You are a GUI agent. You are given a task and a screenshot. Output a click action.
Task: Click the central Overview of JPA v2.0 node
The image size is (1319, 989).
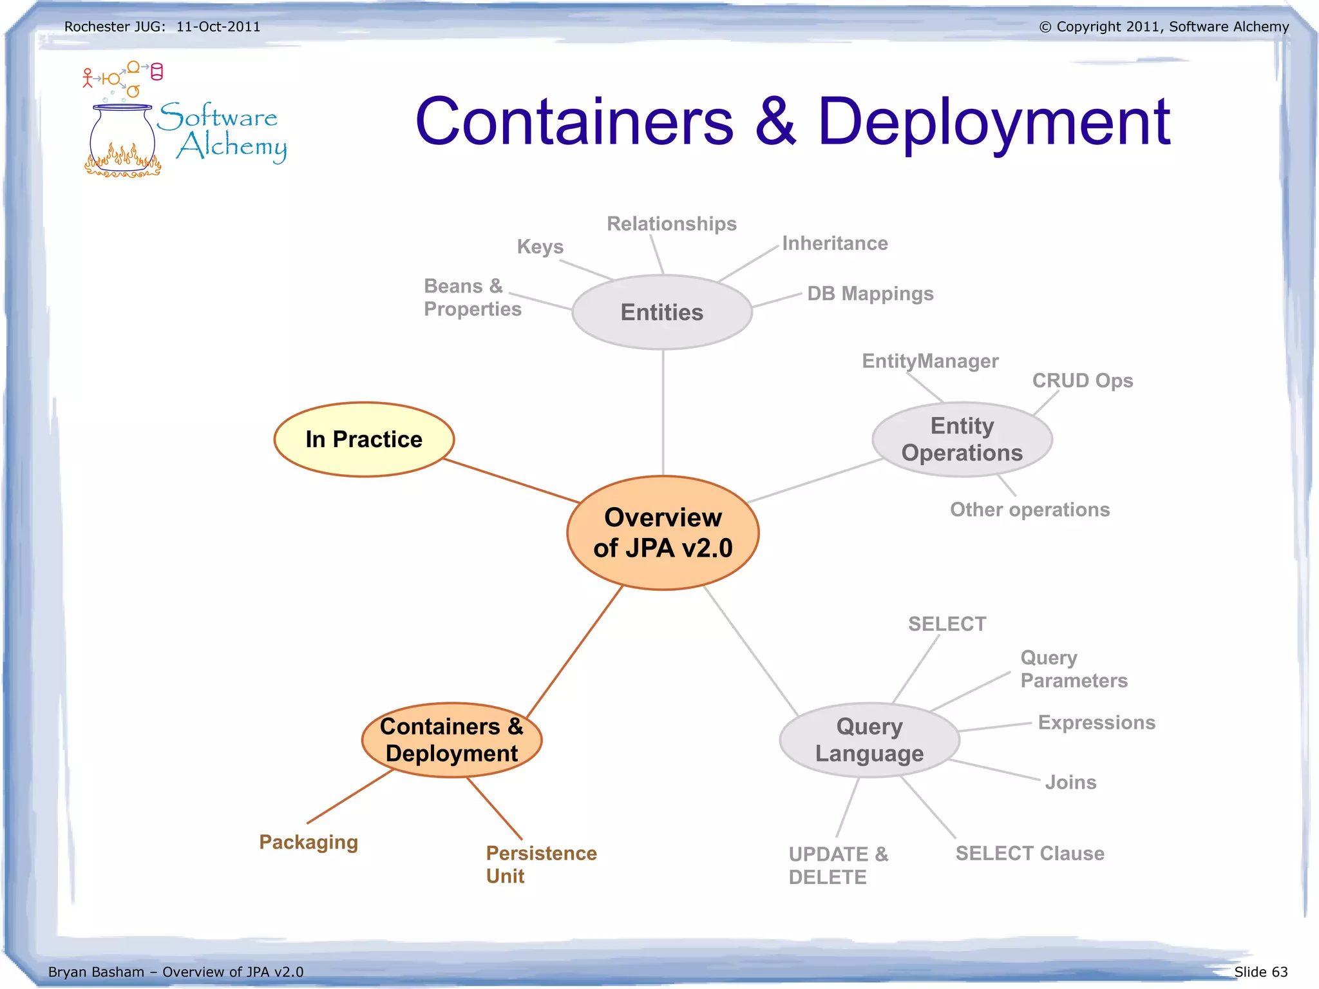663,533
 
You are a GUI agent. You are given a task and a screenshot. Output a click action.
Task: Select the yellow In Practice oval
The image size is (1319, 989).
364,439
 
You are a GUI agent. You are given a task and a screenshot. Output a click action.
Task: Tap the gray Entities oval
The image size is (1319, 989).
662,312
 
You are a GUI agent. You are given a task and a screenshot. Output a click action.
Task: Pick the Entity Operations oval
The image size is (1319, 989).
962,439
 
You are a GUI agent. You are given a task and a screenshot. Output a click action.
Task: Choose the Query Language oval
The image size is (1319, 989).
869,740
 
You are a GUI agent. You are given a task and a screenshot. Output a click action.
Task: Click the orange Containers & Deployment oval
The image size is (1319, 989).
451,740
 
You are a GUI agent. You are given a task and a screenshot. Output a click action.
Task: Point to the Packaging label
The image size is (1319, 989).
308,842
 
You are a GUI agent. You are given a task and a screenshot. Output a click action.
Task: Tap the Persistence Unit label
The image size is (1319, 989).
540,865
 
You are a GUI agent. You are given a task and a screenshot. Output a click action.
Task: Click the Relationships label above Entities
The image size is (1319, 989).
671,224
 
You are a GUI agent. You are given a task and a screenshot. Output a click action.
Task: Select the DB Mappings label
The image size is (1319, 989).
869,294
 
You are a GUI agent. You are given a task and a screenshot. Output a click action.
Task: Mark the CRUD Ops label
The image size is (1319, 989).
1082,381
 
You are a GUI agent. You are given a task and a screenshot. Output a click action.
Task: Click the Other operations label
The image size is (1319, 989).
1029,510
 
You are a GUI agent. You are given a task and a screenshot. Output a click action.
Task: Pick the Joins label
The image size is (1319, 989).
1070,782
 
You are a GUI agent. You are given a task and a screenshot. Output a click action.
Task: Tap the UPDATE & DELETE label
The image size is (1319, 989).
837,865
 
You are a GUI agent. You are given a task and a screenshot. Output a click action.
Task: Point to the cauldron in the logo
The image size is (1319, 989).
122,139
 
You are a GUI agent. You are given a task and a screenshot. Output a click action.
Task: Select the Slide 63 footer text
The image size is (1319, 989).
1260,972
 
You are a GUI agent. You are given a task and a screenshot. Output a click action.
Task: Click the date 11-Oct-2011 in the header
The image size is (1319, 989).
218,27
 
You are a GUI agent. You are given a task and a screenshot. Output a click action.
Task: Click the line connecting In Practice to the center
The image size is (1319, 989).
512,481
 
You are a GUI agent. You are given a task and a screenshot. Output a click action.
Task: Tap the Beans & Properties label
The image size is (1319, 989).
472,298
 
